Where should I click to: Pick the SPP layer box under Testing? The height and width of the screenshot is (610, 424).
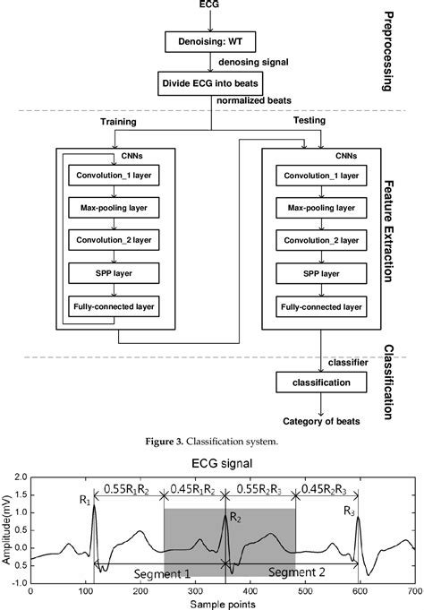[312, 273]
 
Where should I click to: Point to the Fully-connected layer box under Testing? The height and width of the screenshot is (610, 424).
[312, 306]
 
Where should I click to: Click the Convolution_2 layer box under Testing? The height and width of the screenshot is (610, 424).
[312, 241]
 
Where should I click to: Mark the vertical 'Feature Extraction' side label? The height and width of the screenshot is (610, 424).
[390, 228]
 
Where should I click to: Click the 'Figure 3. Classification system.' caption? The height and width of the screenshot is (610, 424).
[212, 442]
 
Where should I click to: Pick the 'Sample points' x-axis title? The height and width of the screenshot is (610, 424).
[222, 603]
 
